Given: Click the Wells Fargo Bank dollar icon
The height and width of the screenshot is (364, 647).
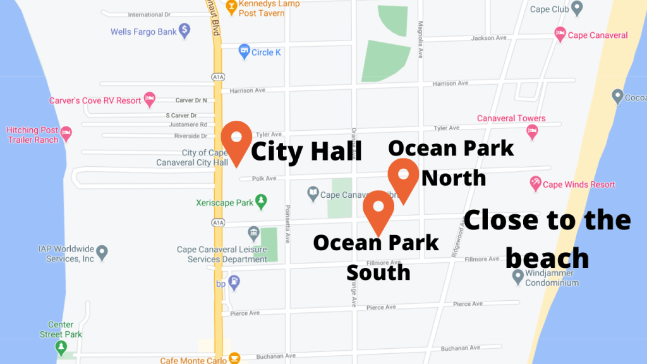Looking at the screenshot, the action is point(184,30).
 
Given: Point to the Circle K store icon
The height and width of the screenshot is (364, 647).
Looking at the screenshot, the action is point(244,52).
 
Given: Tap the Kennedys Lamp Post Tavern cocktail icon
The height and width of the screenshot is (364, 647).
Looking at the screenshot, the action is point(233,8).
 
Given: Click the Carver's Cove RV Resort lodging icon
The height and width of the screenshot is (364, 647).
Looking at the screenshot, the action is point(150,99).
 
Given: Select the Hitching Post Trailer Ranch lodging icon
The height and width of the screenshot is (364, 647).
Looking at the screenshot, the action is point(66,133).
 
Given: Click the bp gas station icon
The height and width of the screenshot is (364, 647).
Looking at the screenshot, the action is point(234,282).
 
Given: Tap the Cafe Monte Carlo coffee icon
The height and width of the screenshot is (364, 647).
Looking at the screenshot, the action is point(234,358).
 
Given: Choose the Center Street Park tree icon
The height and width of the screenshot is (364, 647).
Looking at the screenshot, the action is point(61,347).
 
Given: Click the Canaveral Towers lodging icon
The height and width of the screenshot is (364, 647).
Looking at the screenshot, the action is point(532,132).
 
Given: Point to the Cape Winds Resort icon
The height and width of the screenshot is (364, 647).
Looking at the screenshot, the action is point(535,184).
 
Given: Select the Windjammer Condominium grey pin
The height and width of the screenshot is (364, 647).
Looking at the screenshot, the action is point(517,276).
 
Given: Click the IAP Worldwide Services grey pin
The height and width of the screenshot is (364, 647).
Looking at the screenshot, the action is point(102,253).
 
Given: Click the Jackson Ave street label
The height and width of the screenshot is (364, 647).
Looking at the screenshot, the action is point(489,38).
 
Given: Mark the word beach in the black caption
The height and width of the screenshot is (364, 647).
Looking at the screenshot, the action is point(547,258).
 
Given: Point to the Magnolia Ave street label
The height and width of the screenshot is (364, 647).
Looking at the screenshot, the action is point(420,39).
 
